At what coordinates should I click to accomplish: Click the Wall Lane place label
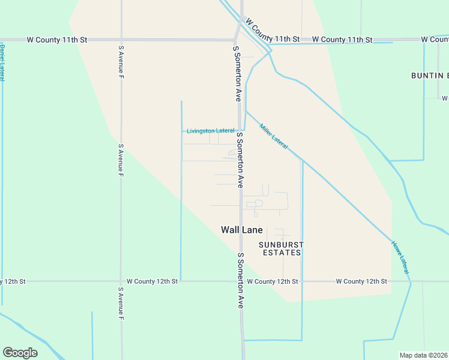(x=242, y=230)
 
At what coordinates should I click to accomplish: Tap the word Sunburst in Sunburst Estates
(x=282, y=245)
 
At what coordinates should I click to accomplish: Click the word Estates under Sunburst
(x=282, y=253)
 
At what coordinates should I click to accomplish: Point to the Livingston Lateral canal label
(x=210, y=131)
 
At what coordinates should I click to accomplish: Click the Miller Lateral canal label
(x=274, y=136)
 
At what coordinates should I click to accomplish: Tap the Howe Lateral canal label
(x=400, y=257)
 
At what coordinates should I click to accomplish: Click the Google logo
(x=20, y=353)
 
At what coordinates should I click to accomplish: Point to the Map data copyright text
(x=424, y=355)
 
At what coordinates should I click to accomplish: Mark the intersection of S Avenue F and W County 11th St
(x=121, y=40)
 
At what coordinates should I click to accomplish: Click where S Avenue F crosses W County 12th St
(x=121, y=281)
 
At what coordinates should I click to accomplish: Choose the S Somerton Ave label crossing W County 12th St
(x=240, y=280)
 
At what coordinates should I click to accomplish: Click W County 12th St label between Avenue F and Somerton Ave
(x=152, y=281)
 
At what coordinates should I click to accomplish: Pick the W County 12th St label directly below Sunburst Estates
(x=273, y=281)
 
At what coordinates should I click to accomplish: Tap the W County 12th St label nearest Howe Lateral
(x=361, y=281)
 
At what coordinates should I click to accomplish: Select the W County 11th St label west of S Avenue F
(x=57, y=40)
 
